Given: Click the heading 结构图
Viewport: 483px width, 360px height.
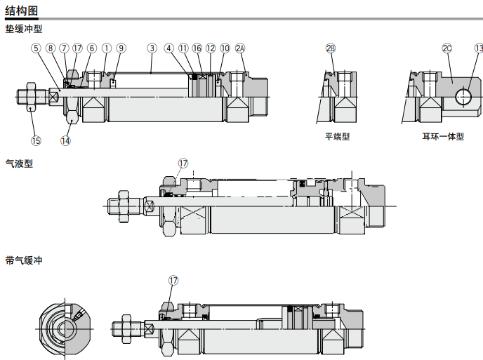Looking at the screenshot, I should (x=22, y=10).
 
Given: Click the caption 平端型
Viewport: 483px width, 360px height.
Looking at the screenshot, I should (x=337, y=137).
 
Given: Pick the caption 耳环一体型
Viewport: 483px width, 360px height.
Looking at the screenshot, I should (x=443, y=137).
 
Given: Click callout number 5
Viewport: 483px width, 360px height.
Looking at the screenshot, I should (x=36, y=48).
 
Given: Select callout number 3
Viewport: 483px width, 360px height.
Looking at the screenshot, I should (x=152, y=48).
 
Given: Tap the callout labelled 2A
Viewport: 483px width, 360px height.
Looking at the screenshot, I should (x=241, y=48).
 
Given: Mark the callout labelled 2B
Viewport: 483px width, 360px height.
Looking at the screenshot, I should (x=331, y=48).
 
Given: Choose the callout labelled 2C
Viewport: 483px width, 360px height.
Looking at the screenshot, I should (x=447, y=48).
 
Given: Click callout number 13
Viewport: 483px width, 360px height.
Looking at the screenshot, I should (x=479, y=48).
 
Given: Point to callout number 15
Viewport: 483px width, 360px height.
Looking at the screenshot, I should (x=36, y=140).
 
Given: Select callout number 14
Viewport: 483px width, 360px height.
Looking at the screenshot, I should (x=65, y=140).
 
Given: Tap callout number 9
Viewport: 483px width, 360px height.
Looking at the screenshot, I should (x=121, y=48).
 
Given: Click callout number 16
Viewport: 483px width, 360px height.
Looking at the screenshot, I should (x=197, y=48).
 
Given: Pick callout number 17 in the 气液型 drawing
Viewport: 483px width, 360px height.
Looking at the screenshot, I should (x=183, y=164).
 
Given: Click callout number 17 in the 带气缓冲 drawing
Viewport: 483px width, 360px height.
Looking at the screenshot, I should (x=173, y=280).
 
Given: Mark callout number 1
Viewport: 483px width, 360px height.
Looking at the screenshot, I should (x=107, y=48).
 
